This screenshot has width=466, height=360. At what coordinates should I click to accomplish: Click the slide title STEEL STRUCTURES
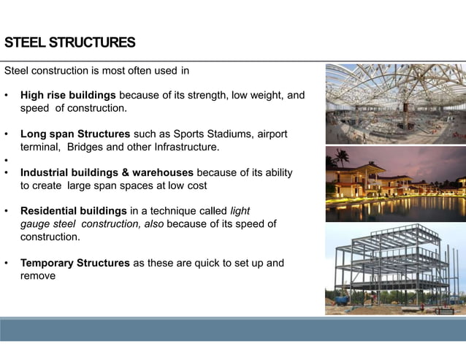click(x=69, y=42)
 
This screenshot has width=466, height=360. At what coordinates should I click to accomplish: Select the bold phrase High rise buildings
click(x=68, y=96)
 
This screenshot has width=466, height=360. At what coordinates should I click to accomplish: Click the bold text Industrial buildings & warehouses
click(x=107, y=173)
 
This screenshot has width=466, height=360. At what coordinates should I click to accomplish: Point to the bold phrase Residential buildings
click(x=73, y=212)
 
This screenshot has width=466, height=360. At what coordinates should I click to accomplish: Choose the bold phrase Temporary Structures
click(x=75, y=263)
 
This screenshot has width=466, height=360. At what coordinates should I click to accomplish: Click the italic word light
click(x=240, y=212)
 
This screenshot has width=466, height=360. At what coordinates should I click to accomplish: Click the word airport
click(x=270, y=134)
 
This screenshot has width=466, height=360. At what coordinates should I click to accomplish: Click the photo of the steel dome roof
click(x=395, y=103)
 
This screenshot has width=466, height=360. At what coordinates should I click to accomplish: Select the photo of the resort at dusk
click(x=395, y=183)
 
